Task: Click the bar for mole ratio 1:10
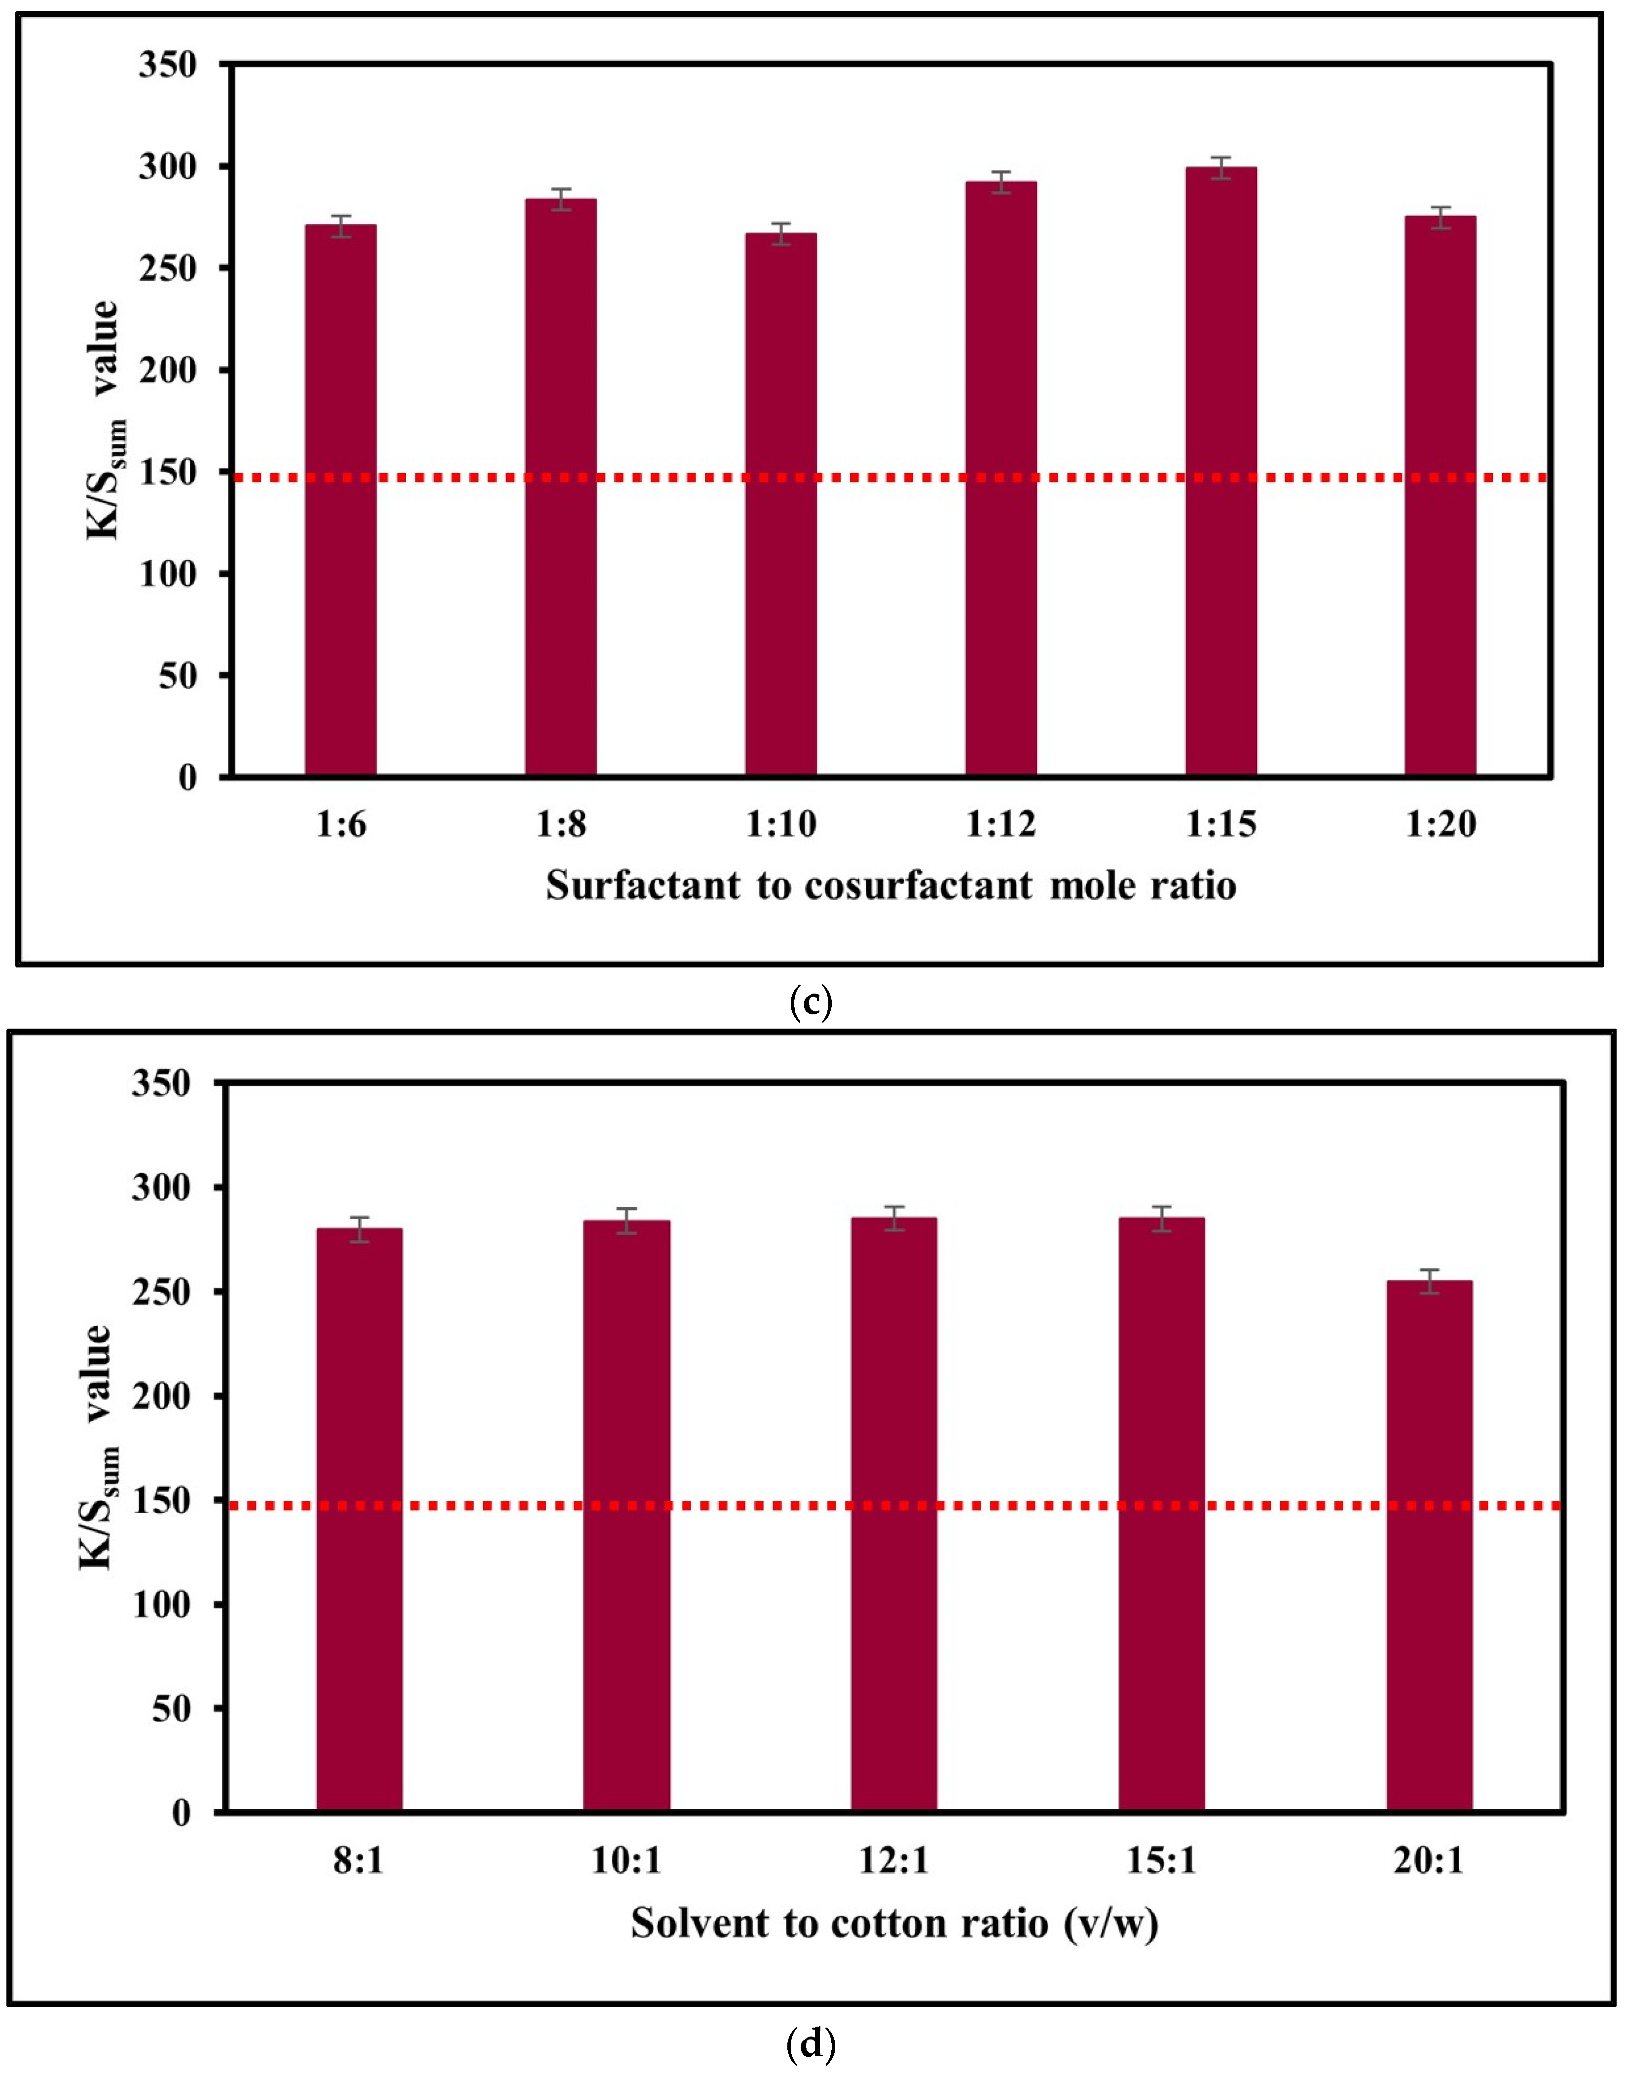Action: (781, 504)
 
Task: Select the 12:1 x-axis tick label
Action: (893, 1862)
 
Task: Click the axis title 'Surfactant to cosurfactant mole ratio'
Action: (890, 886)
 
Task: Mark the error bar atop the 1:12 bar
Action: (1001, 182)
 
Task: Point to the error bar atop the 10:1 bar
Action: (626, 1221)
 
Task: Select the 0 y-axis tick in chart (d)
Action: (181, 1814)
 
